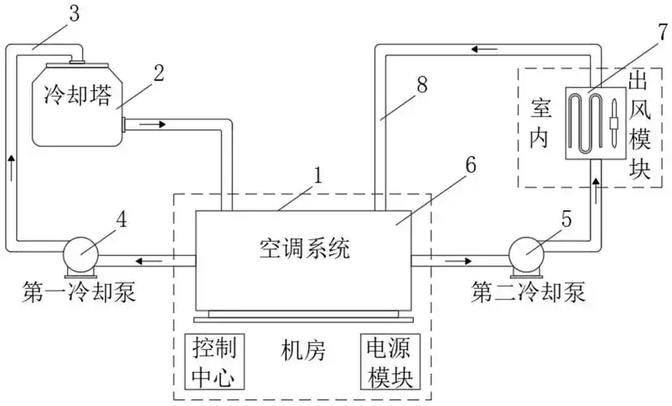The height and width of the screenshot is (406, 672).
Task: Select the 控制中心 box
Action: (x=214, y=362)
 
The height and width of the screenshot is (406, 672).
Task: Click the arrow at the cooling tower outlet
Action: (x=154, y=125)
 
